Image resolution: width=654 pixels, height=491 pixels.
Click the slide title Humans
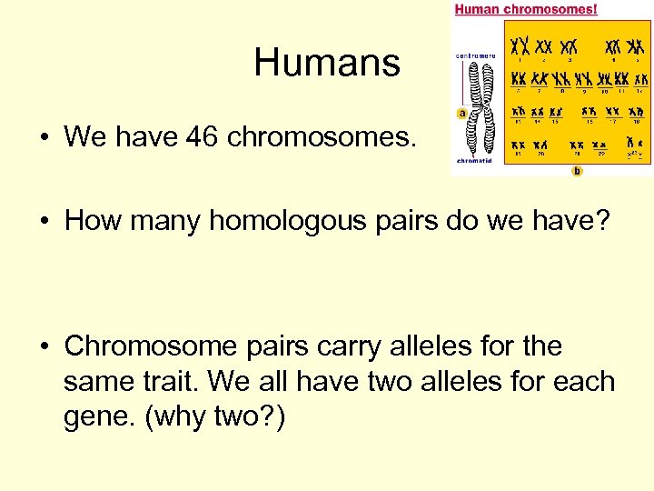pyautogui.click(x=326, y=63)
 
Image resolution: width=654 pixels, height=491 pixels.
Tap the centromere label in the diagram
pyautogui.click(x=475, y=55)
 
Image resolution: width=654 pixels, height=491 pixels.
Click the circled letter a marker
pyautogui.click(x=461, y=114)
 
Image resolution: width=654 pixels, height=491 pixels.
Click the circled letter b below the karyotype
pyautogui.click(x=577, y=170)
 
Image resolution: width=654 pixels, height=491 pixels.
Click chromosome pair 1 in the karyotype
pyautogui.click(x=520, y=45)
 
